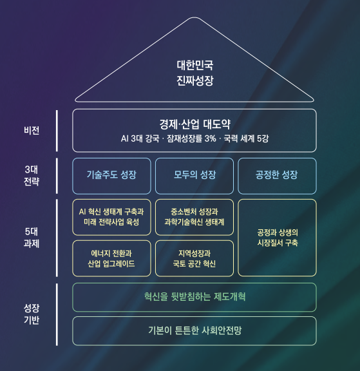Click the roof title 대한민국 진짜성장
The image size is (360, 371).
click(195, 73)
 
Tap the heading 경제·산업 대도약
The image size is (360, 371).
click(194, 124)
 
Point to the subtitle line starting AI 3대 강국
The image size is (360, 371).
click(194, 138)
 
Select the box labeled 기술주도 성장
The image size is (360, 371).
click(111, 176)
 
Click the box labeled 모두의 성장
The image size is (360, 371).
click(194, 176)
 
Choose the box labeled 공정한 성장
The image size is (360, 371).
click(277, 176)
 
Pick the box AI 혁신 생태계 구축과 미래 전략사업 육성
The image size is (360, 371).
click(111, 217)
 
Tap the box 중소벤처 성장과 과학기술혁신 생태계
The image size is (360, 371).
click(194, 217)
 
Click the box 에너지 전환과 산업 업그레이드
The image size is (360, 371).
click(111, 258)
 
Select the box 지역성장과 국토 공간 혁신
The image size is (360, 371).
click(194, 258)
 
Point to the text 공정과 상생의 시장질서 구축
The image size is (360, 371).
click(278, 238)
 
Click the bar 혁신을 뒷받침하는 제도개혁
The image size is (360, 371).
click(194, 297)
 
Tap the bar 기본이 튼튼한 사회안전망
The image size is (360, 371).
click(194, 331)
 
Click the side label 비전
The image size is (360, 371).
click(32, 130)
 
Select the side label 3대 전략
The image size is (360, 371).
click(32, 176)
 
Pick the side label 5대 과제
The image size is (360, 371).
click(32, 238)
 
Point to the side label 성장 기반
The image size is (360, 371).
click(32, 314)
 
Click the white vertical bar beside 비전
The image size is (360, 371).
click(57, 131)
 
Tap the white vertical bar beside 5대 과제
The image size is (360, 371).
click(57, 238)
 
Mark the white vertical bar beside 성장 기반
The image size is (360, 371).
click(57, 314)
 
